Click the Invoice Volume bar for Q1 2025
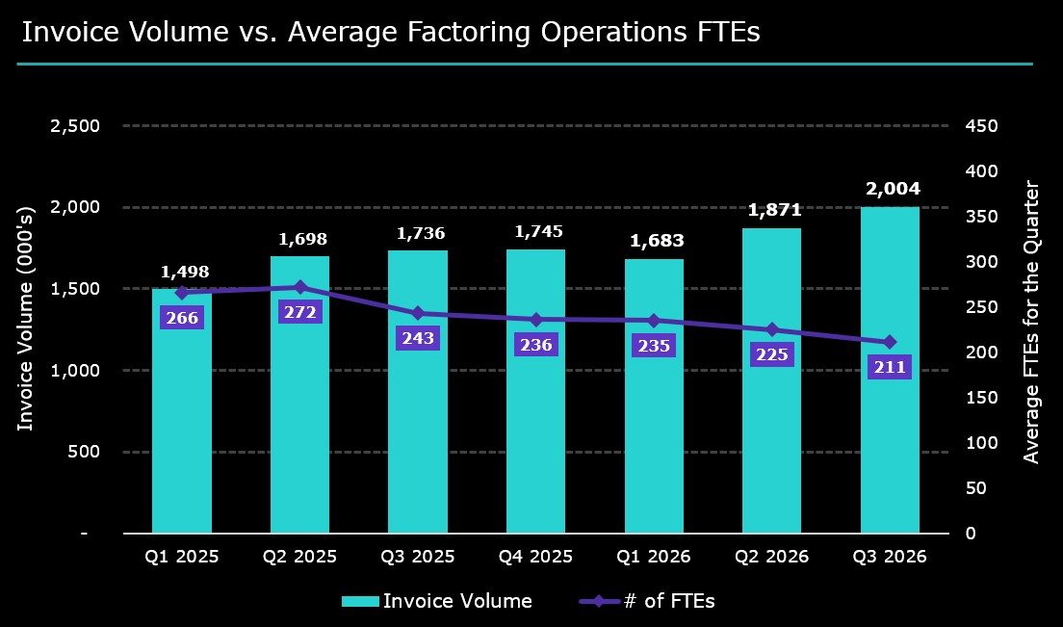(182, 410)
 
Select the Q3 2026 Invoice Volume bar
(890, 370)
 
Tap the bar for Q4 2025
(535, 391)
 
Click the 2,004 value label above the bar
(893, 189)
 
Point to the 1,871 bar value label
(774, 209)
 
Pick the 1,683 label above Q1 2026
(657, 241)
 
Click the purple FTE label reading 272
(299, 312)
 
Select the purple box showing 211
(890, 367)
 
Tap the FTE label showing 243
(418, 337)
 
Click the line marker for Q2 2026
(772, 330)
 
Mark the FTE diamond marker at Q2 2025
(300, 287)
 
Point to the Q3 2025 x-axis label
(418, 557)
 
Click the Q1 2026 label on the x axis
(654, 557)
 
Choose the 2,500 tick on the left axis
(74, 125)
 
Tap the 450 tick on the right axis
(982, 125)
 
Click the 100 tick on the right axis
(982, 443)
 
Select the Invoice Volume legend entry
(436, 601)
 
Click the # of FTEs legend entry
(647, 601)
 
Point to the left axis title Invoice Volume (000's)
(25, 319)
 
